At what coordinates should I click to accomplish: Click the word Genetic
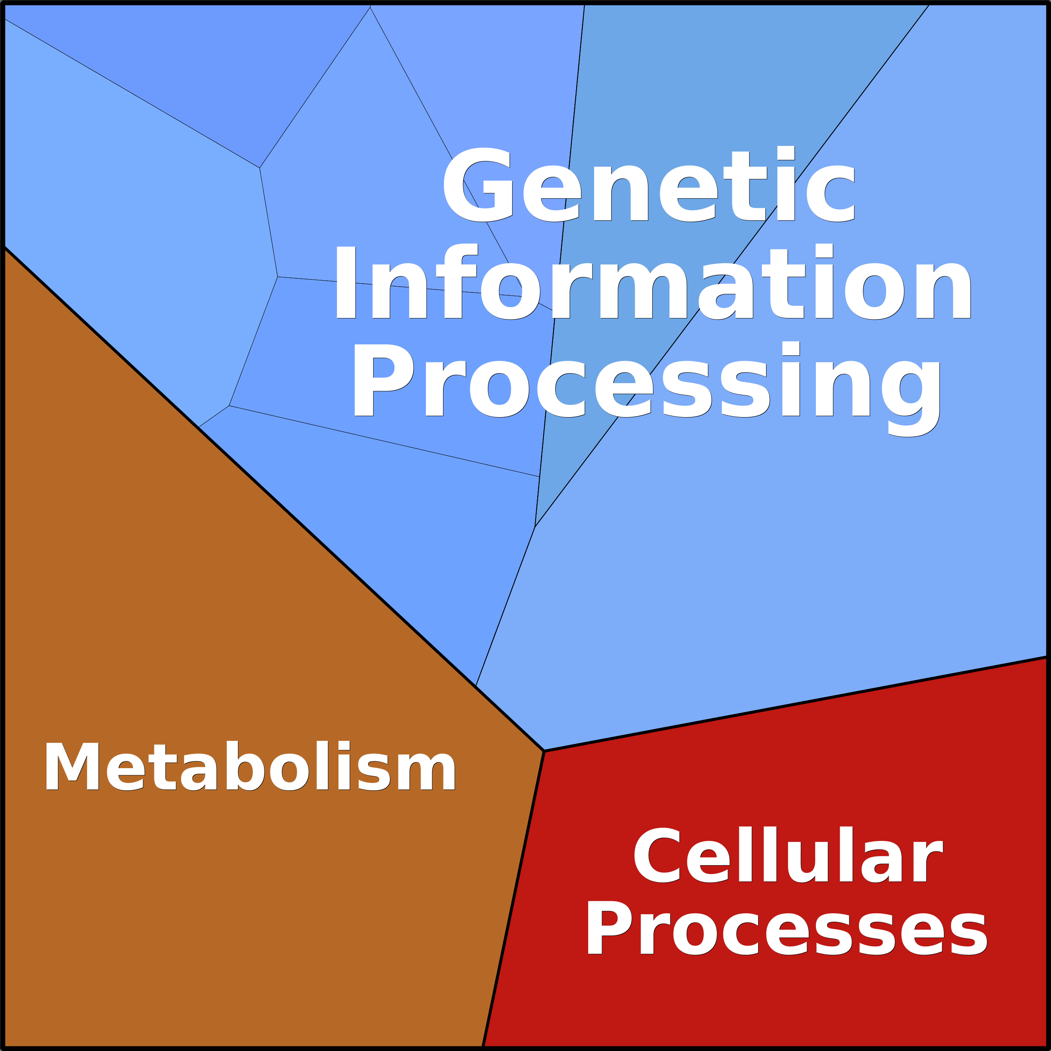point(649,185)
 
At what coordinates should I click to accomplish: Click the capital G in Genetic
point(478,185)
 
